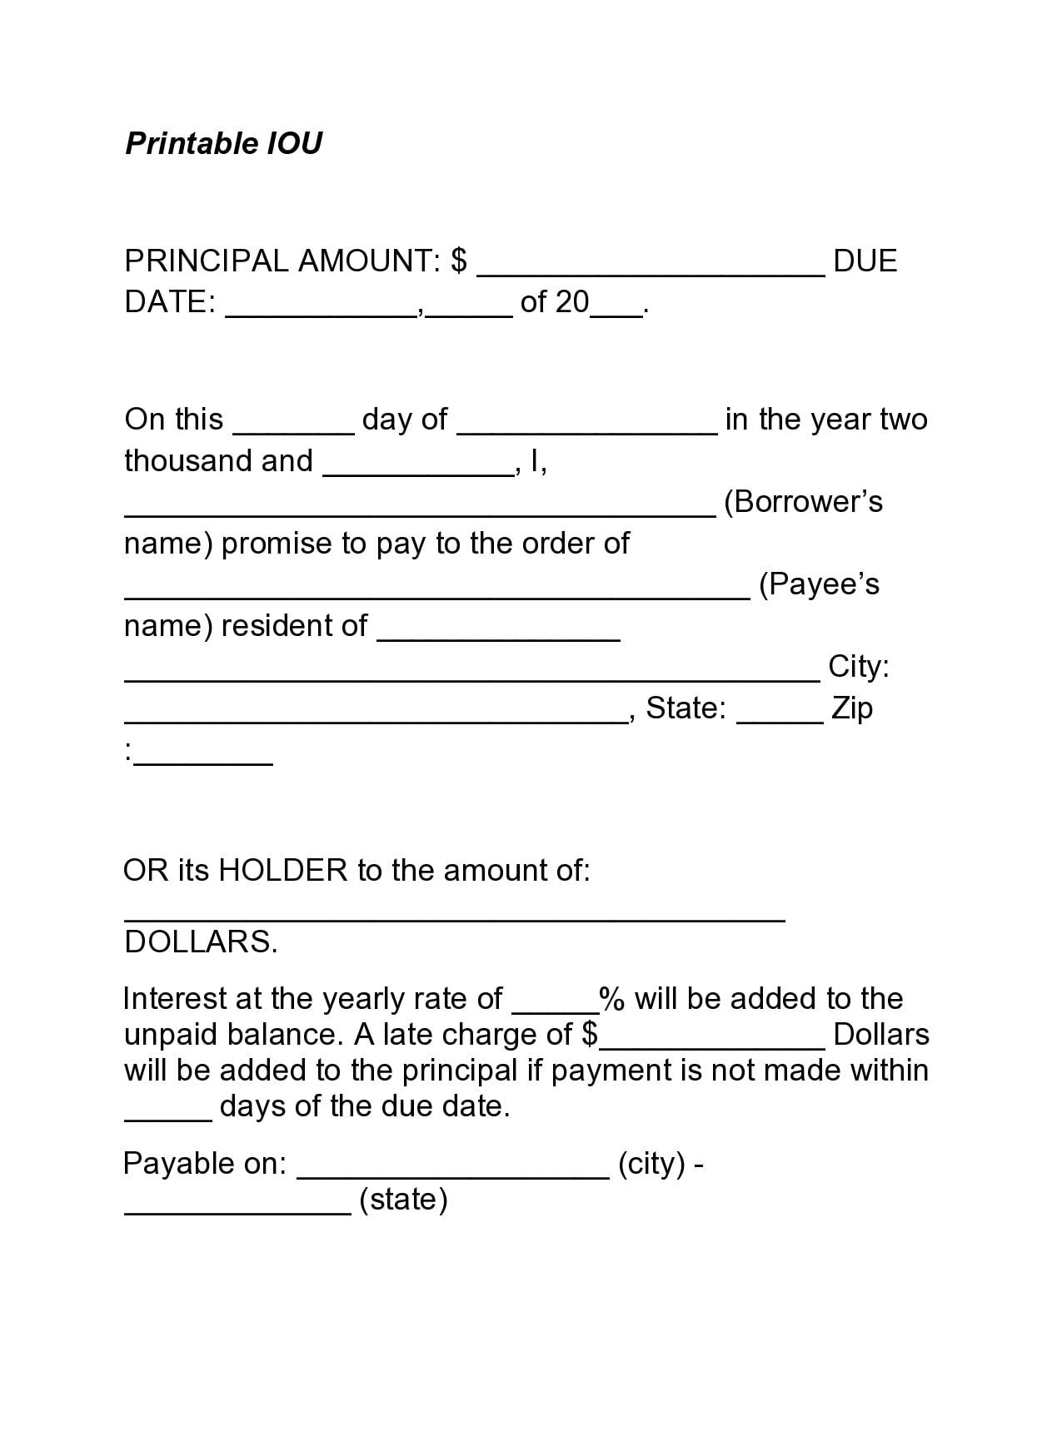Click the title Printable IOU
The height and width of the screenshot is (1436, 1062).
(223, 143)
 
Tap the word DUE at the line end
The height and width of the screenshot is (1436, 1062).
(865, 261)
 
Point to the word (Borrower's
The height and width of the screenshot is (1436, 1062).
(803, 502)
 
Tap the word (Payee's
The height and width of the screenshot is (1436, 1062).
(819, 584)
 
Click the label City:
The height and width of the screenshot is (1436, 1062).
(859, 667)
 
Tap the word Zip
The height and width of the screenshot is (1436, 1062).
(852, 708)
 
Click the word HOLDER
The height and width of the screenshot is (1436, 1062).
(282, 871)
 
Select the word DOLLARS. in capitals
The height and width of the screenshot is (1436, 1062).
(201, 942)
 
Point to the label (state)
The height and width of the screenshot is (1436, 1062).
(403, 1200)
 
